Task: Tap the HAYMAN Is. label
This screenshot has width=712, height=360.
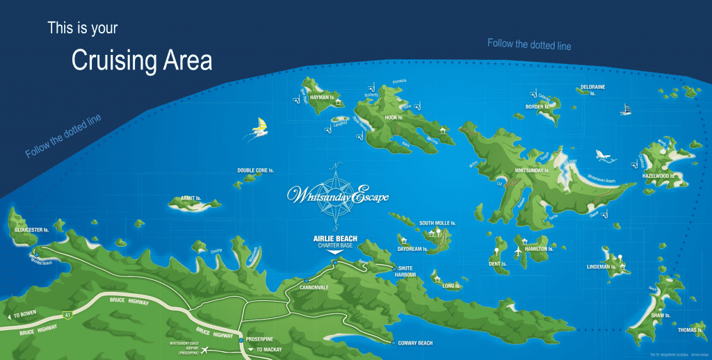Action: (322, 98)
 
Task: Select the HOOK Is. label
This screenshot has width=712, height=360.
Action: (394, 117)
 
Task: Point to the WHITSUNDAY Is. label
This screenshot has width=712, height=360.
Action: (532, 170)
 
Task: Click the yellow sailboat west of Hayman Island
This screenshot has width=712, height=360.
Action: (260, 127)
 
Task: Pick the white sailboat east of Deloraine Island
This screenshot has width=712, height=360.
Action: (626, 110)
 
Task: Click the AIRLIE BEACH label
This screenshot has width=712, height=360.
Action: (335, 238)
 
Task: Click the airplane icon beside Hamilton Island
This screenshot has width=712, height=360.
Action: (517, 248)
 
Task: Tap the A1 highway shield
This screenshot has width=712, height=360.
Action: (67, 313)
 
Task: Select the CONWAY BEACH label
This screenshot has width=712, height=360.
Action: (415, 343)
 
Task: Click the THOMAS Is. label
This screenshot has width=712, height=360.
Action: (690, 330)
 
